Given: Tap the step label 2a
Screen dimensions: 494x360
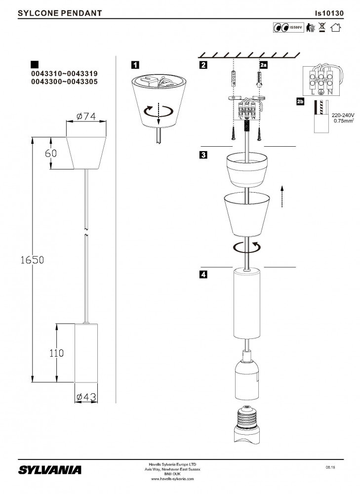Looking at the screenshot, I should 264,65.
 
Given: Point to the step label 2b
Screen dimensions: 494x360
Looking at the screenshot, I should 300,102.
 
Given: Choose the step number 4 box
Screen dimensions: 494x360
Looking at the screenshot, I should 203,275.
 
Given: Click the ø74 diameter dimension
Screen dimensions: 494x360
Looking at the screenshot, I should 86,116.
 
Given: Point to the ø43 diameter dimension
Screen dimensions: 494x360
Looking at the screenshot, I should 85,397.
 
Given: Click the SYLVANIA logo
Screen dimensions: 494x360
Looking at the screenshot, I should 50,469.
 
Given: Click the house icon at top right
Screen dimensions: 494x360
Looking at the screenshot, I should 336,28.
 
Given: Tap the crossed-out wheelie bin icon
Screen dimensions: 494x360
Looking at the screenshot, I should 322,28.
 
